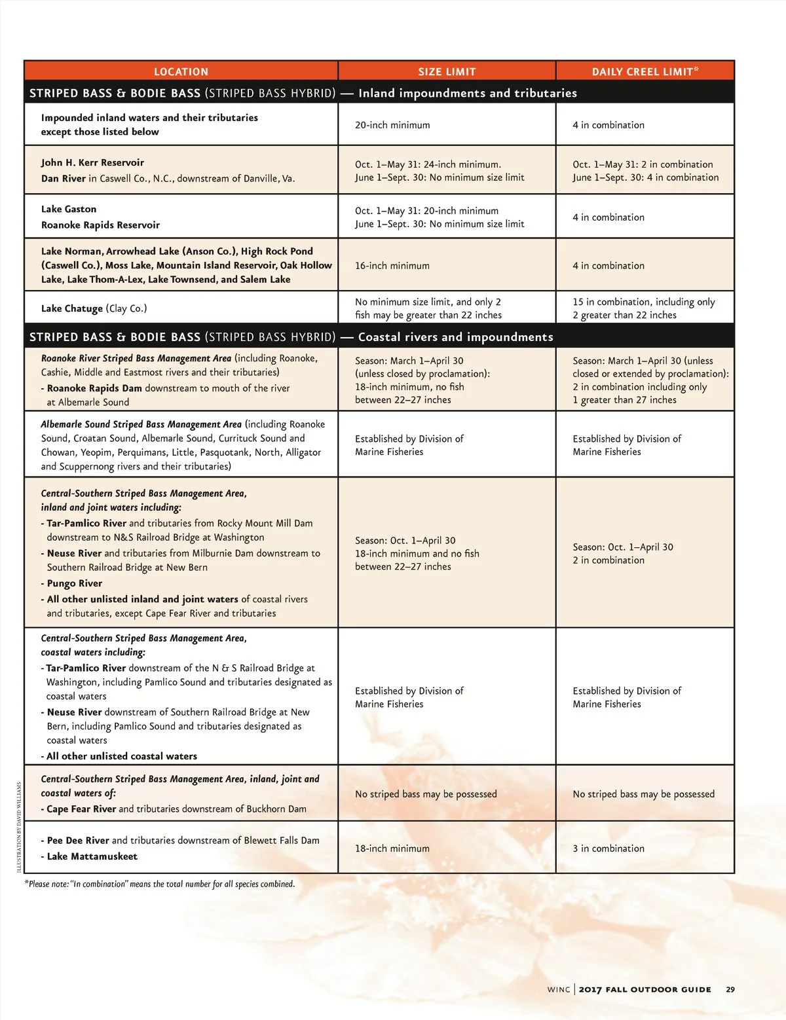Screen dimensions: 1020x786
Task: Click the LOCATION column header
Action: tap(181, 71)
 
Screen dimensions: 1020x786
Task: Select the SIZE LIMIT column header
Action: tap(447, 71)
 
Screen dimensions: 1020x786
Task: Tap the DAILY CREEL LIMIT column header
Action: tap(645, 71)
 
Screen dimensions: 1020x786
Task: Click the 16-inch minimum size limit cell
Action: tap(392, 266)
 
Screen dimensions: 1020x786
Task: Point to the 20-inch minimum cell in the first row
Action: tap(392, 125)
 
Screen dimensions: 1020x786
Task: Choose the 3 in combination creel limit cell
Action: tap(608, 848)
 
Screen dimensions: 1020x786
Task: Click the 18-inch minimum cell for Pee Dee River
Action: tap(392, 848)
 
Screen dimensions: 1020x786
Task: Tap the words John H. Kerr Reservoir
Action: tap(92, 162)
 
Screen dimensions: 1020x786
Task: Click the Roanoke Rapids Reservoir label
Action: tap(100, 225)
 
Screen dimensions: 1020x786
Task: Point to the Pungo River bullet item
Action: tap(74, 583)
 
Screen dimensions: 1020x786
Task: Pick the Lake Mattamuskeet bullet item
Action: tap(92, 856)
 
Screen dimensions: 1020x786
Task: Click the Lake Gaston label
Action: tap(69, 209)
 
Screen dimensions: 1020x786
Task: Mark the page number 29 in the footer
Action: tap(730, 989)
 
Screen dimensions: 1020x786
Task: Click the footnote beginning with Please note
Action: tap(160, 884)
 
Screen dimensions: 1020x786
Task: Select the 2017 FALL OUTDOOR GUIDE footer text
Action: tap(645, 989)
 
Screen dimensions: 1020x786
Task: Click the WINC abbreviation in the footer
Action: tap(559, 989)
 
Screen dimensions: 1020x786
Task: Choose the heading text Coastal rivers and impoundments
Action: tap(455, 337)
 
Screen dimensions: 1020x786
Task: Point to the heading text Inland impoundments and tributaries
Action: tap(468, 93)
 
